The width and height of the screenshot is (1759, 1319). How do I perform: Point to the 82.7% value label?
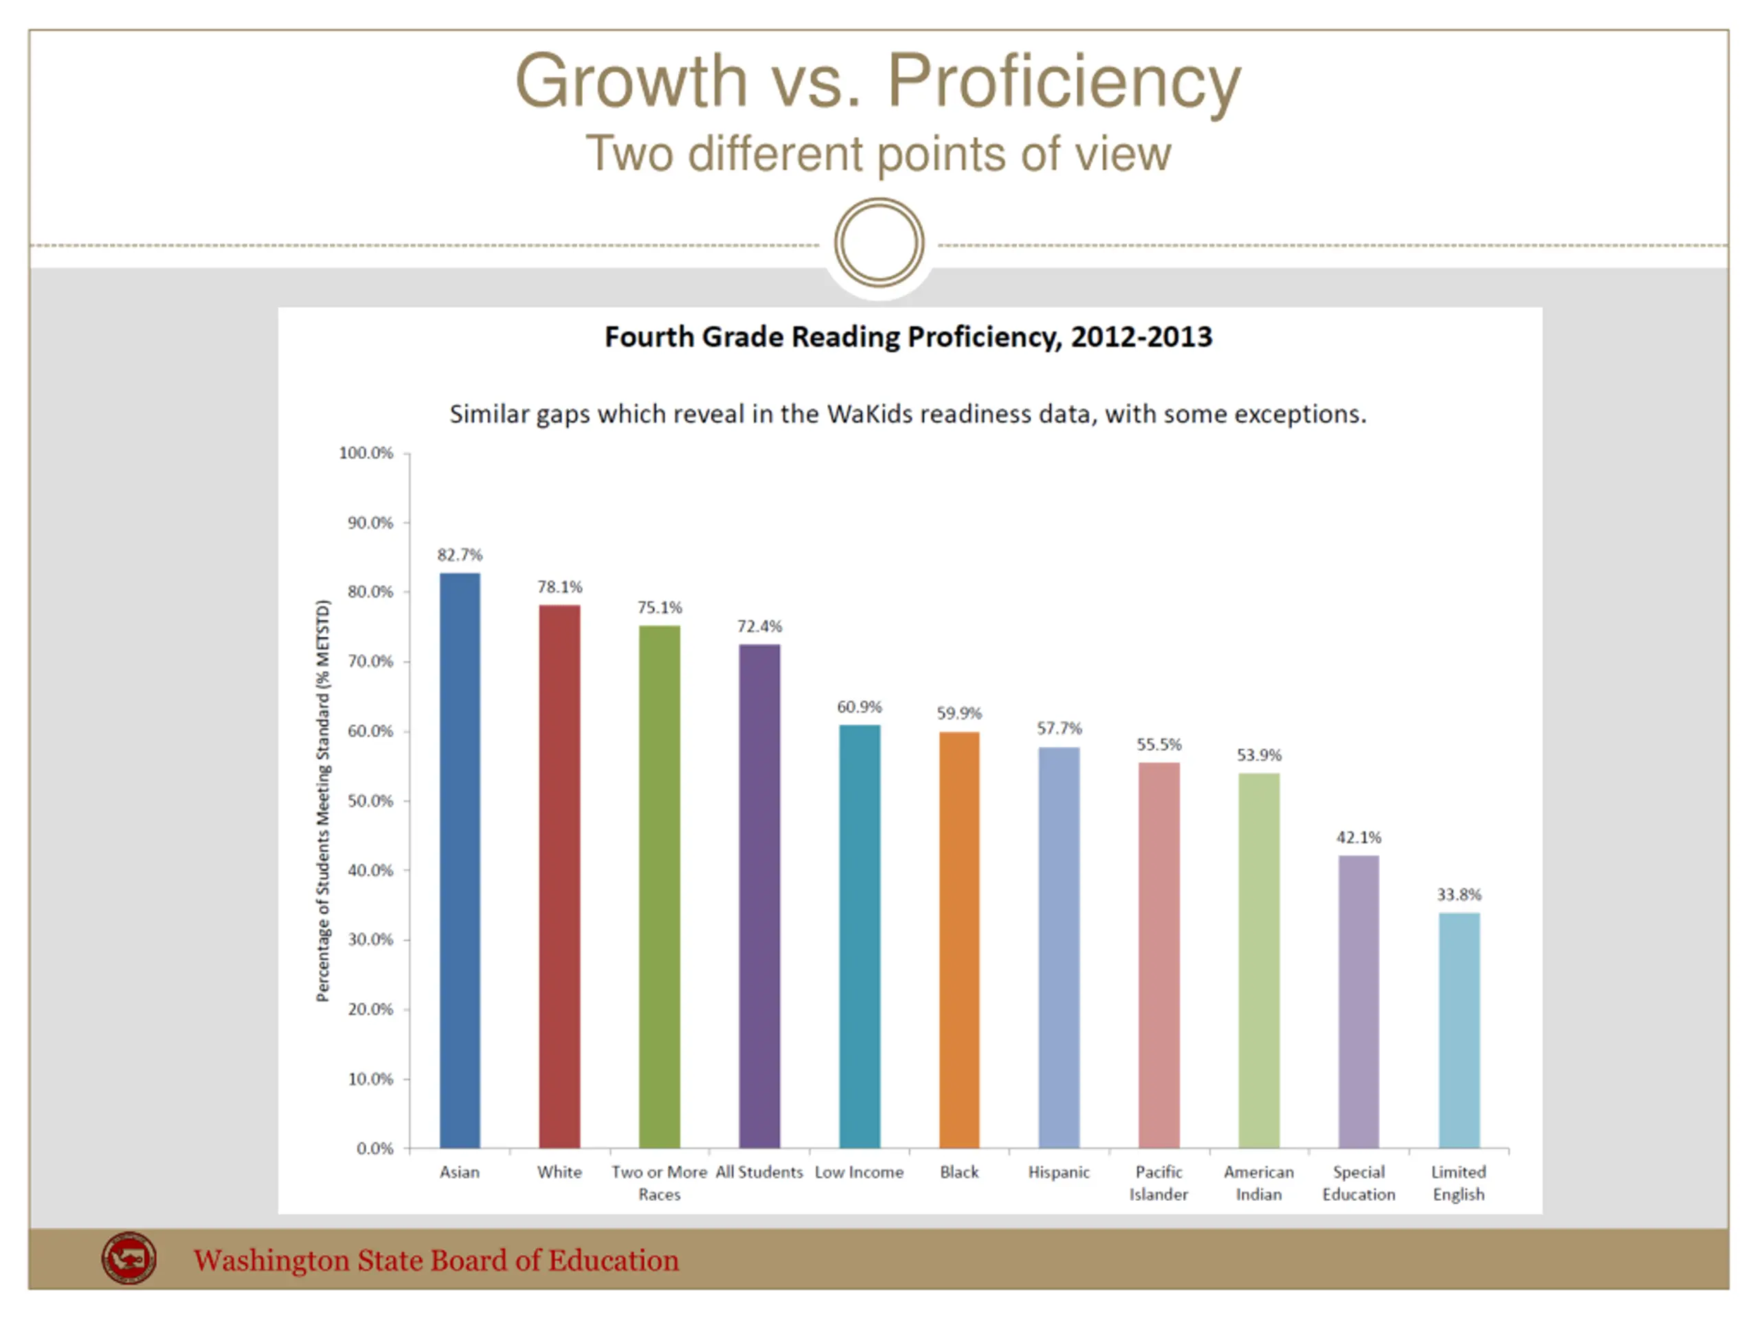pos(460,555)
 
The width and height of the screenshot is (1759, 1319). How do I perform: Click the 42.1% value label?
pos(1358,837)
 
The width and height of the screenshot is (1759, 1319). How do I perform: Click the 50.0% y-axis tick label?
pos(370,800)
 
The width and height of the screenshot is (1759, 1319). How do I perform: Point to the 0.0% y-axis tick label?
pos(374,1148)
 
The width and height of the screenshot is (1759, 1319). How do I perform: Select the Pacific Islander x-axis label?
pos(1158,1182)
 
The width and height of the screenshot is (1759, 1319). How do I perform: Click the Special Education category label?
pos(1358,1182)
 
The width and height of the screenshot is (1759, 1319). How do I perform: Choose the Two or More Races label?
pos(659,1182)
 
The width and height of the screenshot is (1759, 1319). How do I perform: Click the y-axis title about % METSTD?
pos(323,800)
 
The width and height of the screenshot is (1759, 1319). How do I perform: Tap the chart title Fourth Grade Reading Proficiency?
pos(908,337)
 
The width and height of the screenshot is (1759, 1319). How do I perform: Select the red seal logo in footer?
pos(128,1258)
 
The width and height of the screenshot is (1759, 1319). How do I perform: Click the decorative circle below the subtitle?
pos(879,243)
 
